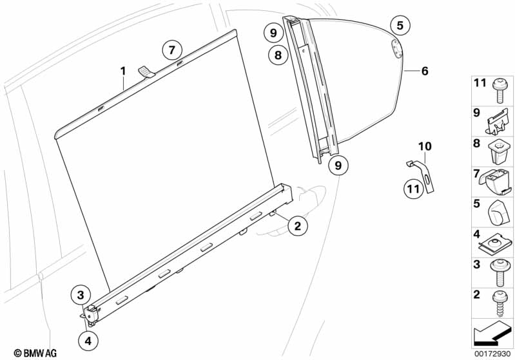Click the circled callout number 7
171,50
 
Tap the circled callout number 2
297,225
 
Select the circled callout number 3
80,296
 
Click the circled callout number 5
400,26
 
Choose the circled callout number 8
278,55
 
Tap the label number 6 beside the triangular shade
425,71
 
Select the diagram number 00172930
494,353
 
